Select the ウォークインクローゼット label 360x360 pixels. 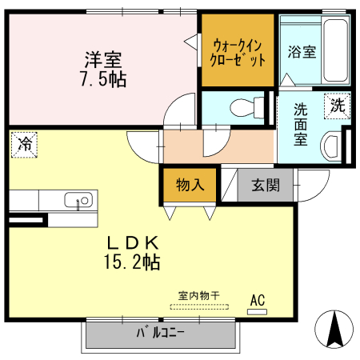click(237, 51)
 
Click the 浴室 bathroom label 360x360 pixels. click(301, 52)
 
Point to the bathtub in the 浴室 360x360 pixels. click(336, 50)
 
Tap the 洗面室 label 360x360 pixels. click(301, 123)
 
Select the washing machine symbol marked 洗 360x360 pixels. click(338, 104)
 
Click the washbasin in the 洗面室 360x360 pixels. click(332, 145)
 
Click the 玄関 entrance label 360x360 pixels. click(266, 186)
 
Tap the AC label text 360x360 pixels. click(257, 300)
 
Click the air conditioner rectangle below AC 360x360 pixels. click(257, 311)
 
